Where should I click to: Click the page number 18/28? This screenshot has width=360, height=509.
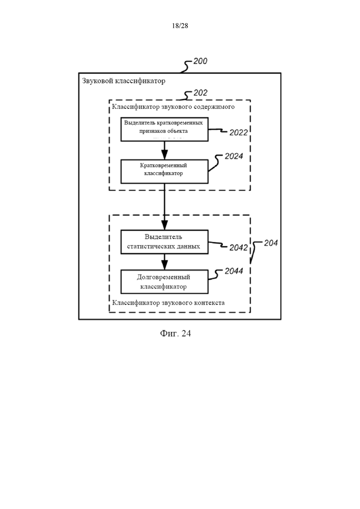click(180, 26)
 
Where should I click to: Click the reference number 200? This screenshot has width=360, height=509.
click(200, 61)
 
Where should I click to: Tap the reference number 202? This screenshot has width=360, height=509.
click(200, 93)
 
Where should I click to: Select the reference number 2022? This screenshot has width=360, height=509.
click(239, 132)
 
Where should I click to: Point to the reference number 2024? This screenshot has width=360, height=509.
click(234, 156)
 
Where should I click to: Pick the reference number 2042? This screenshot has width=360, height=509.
click(239, 248)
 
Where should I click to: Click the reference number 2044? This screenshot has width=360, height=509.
click(234, 271)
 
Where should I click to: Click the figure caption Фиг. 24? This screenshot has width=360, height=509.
click(175, 334)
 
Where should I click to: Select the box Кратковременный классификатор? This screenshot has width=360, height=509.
click(164, 171)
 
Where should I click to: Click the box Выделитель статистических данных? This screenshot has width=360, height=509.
click(164, 242)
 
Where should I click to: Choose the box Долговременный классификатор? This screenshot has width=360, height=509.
click(164, 282)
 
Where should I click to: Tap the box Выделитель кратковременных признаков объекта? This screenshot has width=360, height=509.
click(164, 129)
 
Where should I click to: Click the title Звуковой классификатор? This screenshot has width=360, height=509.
click(124, 81)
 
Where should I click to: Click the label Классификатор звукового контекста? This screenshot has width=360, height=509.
click(168, 303)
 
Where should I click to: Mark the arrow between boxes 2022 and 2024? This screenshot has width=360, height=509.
click(164, 150)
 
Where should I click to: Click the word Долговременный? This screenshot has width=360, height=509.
click(164, 277)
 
